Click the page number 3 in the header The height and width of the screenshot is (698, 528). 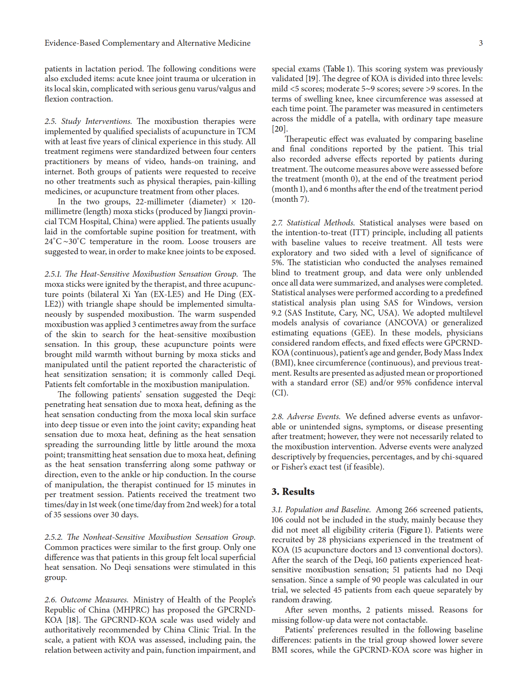click(x=481, y=43)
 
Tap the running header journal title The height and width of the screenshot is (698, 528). click(x=147, y=43)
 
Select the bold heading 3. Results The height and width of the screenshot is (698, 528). click(x=293, y=492)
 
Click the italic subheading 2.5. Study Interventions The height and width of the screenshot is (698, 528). click(x=88, y=121)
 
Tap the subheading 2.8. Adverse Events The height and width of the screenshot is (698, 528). click(x=306, y=417)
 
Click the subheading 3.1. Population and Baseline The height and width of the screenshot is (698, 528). click(x=321, y=510)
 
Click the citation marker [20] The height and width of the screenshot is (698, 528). click(x=279, y=129)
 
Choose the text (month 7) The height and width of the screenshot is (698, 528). click(x=290, y=199)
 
